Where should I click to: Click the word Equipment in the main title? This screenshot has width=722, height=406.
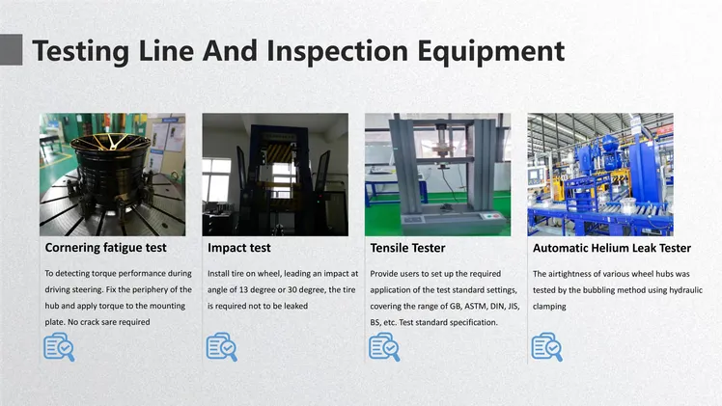491,52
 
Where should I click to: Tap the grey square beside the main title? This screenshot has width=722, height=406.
11,49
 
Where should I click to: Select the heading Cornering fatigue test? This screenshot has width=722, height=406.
105,248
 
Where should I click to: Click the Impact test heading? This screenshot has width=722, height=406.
239,248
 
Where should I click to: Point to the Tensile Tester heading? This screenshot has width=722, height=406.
407,248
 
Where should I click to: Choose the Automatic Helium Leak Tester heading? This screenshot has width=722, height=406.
612,248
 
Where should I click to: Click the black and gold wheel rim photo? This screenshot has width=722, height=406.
112,175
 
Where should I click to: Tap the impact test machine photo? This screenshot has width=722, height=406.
275,175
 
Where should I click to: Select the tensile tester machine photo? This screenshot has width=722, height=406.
438,175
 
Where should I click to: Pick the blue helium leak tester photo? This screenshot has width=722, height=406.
600,175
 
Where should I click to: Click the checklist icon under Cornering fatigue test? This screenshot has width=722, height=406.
59,347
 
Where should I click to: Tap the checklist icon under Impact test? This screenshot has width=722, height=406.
221,347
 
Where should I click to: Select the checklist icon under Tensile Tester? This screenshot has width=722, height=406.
384,347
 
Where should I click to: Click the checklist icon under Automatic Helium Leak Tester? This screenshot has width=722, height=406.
546,347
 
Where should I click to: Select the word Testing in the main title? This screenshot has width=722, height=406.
81,52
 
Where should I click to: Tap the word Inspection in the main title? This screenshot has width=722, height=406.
338,52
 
